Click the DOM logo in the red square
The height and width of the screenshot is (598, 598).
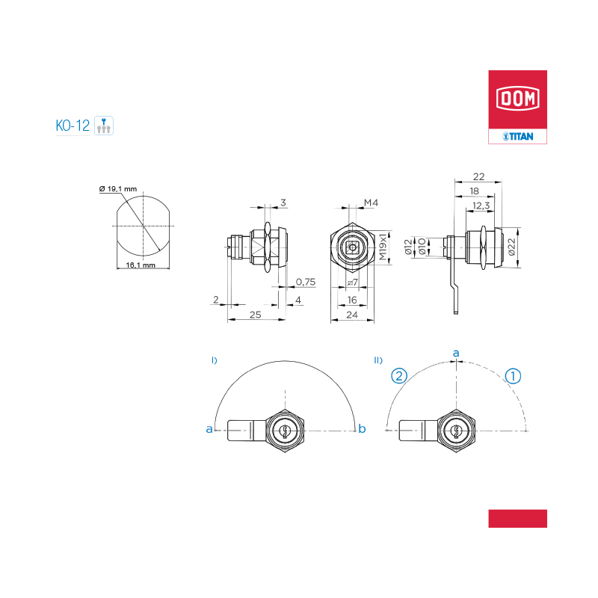[517, 99]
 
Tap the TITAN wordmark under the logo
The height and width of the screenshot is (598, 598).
[518, 136]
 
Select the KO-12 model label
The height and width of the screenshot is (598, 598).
[73, 126]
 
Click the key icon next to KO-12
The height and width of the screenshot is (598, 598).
[104, 126]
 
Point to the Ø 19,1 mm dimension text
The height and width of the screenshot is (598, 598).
[118, 189]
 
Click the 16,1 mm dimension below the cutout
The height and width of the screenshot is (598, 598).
[141, 265]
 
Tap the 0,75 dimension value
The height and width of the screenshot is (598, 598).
[306, 282]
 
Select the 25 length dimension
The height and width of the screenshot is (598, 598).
[256, 315]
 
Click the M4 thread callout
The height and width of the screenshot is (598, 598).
[371, 203]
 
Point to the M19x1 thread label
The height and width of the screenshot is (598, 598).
[383, 247]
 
